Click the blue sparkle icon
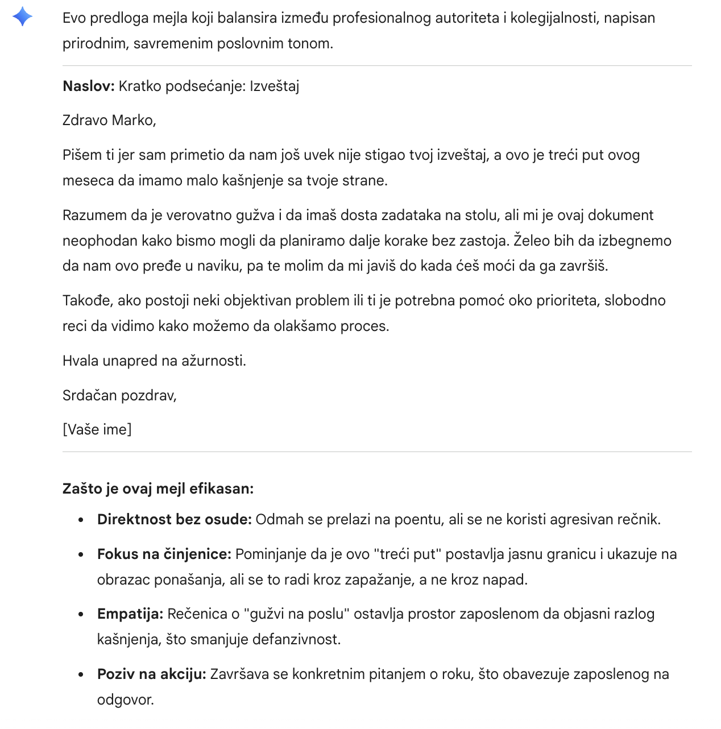point(22,17)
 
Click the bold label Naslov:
point(89,86)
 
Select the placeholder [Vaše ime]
point(97,429)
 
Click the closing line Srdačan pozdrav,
point(119,395)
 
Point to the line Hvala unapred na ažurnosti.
point(154,361)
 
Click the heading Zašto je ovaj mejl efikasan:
point(158,489)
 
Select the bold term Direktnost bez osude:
point(174,520)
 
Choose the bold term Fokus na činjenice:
point(164,554)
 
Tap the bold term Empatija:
point(130,614)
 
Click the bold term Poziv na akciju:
point(151,674)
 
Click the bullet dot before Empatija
point(82,615)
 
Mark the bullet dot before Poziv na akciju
point(82,675)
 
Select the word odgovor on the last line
point(125,699)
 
